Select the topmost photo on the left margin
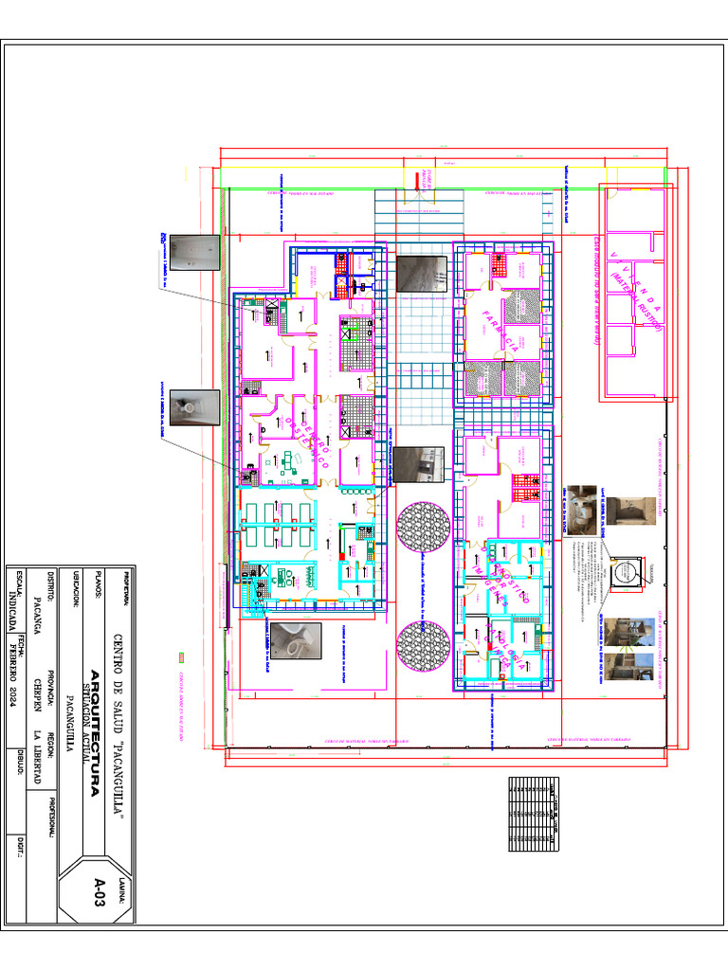pos(201,253)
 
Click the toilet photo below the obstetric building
pos(292,646)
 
